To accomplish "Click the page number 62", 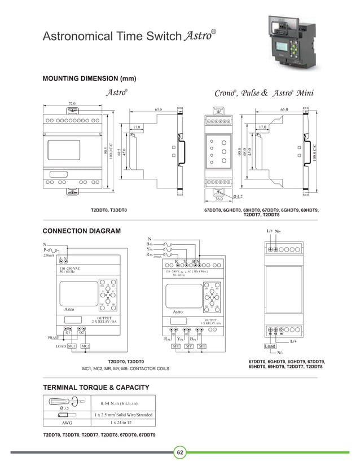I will pyautogui.click(x=180, y=453).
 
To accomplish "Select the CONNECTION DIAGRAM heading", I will pyautogui.click(x=82, y=231).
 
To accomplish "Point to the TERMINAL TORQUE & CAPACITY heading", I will pyautogui.click(x=96, y=387).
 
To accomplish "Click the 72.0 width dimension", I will pyautogui.click(x=72, y=104).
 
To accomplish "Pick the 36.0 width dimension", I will pyautogui.click(x=218, y=199).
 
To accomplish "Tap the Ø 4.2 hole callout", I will pyautogui.click(x=238, y=196).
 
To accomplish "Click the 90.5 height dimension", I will pyautogui.click(x=106, y=151).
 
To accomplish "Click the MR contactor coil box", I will pyautogui.click(x=176, y=346).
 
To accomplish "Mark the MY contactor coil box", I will pyautogui.click(x=189, y=346).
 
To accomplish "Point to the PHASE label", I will pyautogui.click(x=55, y=337).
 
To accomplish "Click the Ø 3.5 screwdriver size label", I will pyautogui.click(x=64, y=407).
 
